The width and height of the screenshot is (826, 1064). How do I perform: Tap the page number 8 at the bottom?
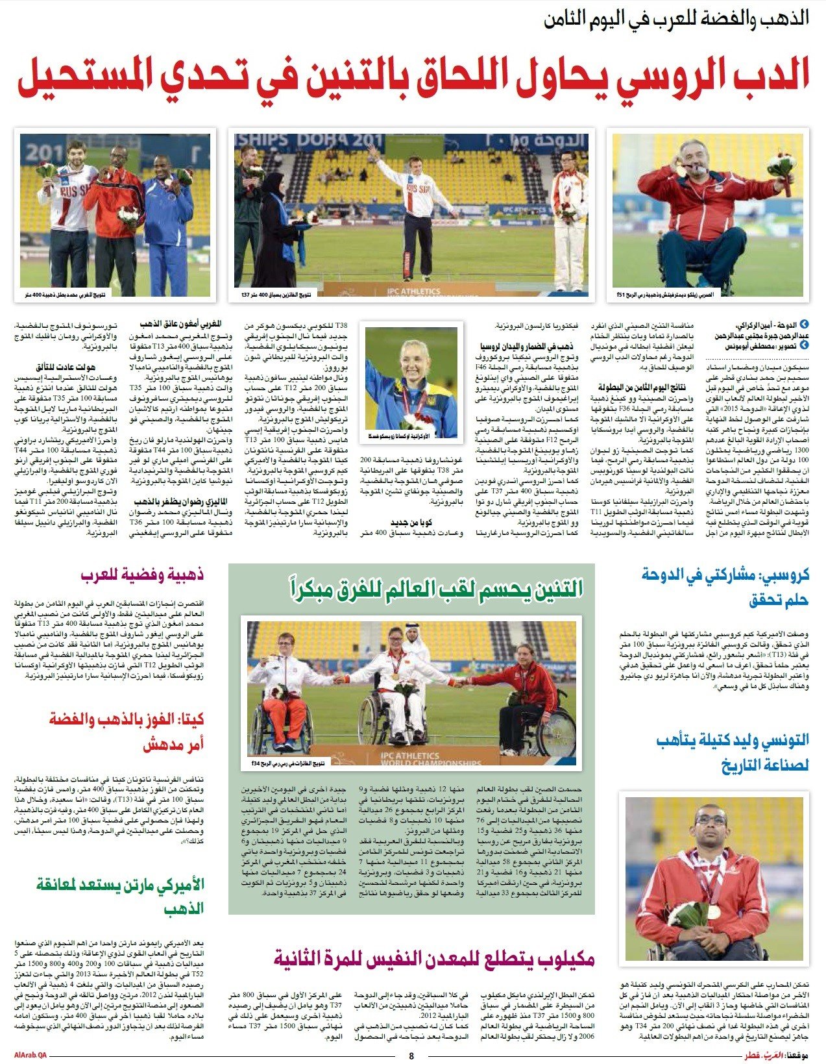point(411,1056)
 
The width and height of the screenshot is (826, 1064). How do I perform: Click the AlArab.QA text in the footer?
point(30,1056)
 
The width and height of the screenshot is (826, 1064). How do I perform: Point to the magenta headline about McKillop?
point(433,958)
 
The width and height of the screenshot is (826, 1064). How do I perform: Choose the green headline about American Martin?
point(120,895)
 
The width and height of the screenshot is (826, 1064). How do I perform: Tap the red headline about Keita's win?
point(127,731)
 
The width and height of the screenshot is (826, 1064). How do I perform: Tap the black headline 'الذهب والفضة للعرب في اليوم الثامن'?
point(676,18)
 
